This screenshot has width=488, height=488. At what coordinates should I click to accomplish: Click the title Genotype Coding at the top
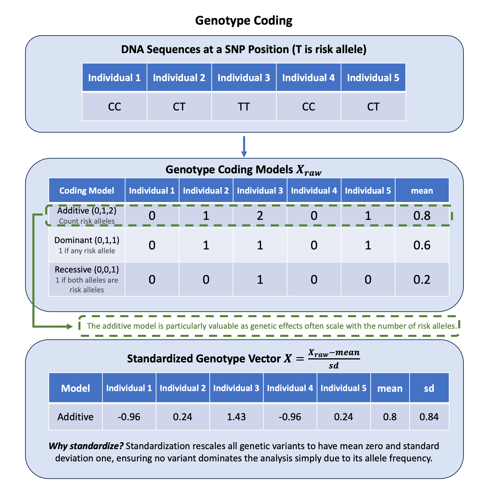244,21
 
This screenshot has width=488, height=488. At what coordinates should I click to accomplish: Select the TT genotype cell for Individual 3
244,107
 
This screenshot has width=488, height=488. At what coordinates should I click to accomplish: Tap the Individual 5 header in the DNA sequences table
373,77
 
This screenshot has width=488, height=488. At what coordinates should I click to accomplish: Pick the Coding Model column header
87,190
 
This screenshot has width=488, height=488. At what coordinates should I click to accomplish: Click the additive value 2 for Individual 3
260,216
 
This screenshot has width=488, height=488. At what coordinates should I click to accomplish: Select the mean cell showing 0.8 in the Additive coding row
422,216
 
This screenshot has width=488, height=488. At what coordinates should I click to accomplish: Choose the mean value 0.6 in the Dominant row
422,245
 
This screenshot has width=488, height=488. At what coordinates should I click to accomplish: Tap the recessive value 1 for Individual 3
260,280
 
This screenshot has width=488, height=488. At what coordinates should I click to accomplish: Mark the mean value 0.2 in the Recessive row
422,280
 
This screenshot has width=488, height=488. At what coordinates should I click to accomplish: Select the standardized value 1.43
236,417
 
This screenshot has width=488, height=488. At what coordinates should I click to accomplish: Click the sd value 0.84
429,417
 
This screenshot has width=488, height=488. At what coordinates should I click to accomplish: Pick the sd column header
429,388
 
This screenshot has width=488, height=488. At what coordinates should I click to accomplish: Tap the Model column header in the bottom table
75,388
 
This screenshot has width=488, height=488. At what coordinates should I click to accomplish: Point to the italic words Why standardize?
86,446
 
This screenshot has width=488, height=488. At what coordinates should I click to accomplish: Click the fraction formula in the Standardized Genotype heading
334,359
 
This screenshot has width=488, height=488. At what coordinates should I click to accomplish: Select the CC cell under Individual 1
114,107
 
